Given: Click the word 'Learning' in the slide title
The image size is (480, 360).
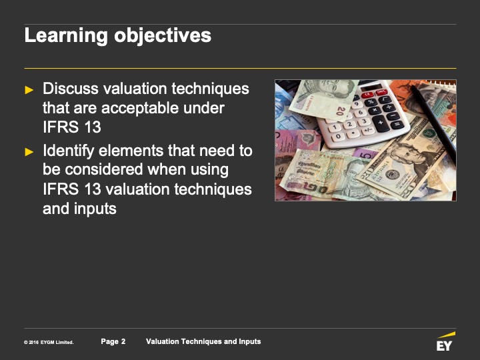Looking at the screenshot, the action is pos(66,36).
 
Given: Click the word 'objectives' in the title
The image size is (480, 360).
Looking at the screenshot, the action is pos(163,36).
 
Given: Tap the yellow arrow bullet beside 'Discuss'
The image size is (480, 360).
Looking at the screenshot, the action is pos(29,90).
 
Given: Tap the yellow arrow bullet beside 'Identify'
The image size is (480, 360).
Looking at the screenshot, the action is pos(29,152).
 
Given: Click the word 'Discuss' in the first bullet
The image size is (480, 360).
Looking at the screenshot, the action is pos(71,89).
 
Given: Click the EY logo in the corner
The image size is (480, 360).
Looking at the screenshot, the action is pos(446,341).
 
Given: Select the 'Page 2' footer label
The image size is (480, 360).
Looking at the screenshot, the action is pos(113,341).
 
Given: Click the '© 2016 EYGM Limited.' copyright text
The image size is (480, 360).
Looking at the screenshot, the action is pos(49,342).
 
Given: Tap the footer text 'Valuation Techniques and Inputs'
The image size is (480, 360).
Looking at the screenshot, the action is pos(203,341).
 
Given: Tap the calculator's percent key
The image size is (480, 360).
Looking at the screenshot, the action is pos(371,101).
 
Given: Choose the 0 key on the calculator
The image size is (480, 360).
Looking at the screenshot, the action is pos(338,136).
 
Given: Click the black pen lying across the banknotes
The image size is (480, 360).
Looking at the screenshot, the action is pos(433,124).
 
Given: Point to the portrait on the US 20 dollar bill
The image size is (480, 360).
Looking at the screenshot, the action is pos(410,155).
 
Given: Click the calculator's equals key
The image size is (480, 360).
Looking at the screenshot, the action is pos(397,125).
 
